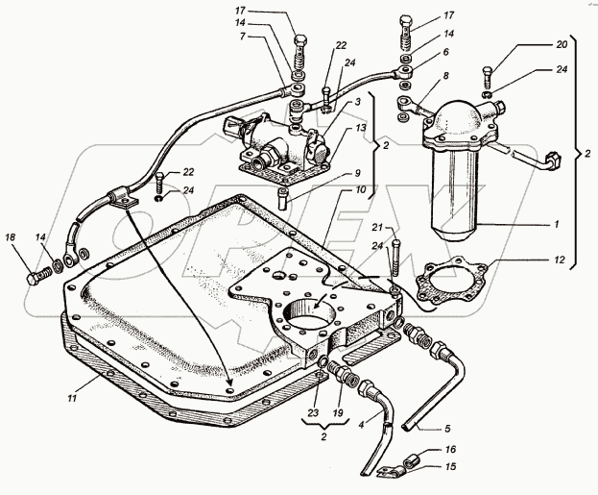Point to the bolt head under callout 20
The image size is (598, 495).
[x=490, y=70]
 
